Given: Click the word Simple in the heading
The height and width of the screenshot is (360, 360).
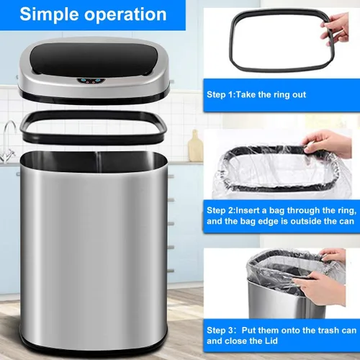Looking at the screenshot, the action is pos(49,15).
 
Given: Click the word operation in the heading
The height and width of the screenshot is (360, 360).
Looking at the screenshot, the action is pos(125,15).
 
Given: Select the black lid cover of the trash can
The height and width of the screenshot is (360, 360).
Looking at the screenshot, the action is pos(94,60).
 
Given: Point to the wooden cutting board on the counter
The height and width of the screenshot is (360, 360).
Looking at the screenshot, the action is pos(196,145).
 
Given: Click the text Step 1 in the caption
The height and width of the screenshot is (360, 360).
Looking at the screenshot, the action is pos(220,94).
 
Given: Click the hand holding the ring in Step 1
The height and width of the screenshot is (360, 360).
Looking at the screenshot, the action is pos(336,29).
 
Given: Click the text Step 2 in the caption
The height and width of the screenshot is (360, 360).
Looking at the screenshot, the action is pos(220,210).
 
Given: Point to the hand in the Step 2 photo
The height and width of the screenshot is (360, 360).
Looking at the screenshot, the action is pos(326,143).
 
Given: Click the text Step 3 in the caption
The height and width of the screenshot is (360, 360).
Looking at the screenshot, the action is pos(220,330).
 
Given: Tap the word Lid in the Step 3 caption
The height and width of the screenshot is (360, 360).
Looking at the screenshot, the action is pos(271,341).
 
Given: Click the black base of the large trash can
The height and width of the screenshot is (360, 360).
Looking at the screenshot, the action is pos(94,350).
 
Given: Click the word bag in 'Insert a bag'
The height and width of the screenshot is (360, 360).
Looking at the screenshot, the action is pos(276,211).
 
